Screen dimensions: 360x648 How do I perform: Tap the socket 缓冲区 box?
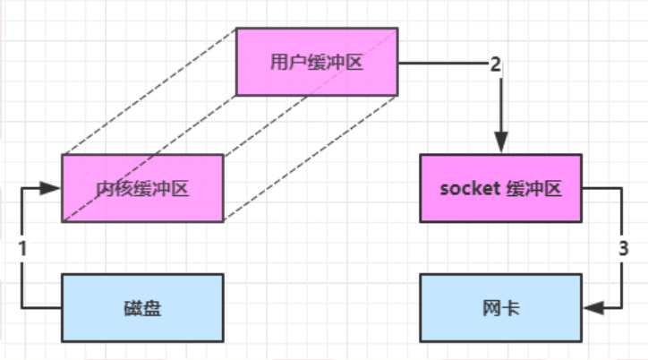(500, 189)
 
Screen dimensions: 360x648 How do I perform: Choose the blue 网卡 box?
(500, 309)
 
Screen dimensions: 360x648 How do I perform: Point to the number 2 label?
(495, 64)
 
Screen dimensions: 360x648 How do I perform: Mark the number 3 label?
(623, 249)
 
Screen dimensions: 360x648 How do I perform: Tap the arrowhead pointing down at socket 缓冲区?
(500, 143)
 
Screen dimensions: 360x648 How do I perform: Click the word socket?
(467, 189)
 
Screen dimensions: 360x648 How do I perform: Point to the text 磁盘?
(142, 309)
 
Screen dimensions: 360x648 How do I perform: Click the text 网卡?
(500, 309)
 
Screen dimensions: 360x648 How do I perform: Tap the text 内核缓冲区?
(142, 189)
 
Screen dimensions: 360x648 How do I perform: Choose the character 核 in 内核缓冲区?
(123, 189)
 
